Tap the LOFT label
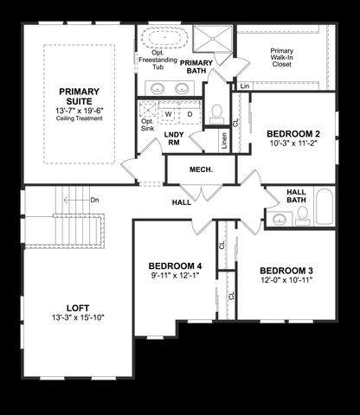point(77,307)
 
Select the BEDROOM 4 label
point(175,265)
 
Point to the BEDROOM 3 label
point(286,271)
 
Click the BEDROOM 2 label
point(293,134)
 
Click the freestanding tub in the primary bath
point(158,39)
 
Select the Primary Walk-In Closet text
point(281,56)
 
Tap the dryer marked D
point(190,113)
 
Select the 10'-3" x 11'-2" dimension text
point(293,145)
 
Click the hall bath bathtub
point(324,208)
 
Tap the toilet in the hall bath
point(302,217)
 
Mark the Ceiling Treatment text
point(80,118)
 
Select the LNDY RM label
point(173,138)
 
